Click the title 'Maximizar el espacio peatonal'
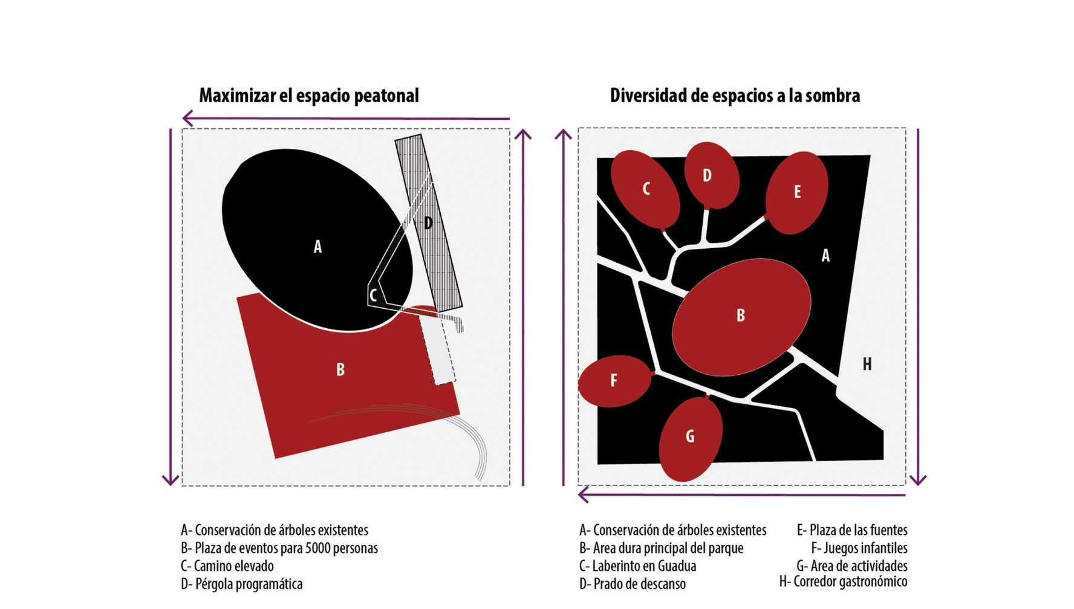308,96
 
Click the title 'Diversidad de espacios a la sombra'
734,96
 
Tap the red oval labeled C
645,189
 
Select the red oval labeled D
711,176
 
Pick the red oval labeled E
797,193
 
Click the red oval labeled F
614,381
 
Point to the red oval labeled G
690,438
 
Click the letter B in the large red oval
741,315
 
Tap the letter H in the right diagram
867,364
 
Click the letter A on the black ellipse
317,247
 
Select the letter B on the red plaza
340,370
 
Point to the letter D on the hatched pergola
428,223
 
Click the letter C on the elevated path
374,296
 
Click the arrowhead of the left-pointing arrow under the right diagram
583,495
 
